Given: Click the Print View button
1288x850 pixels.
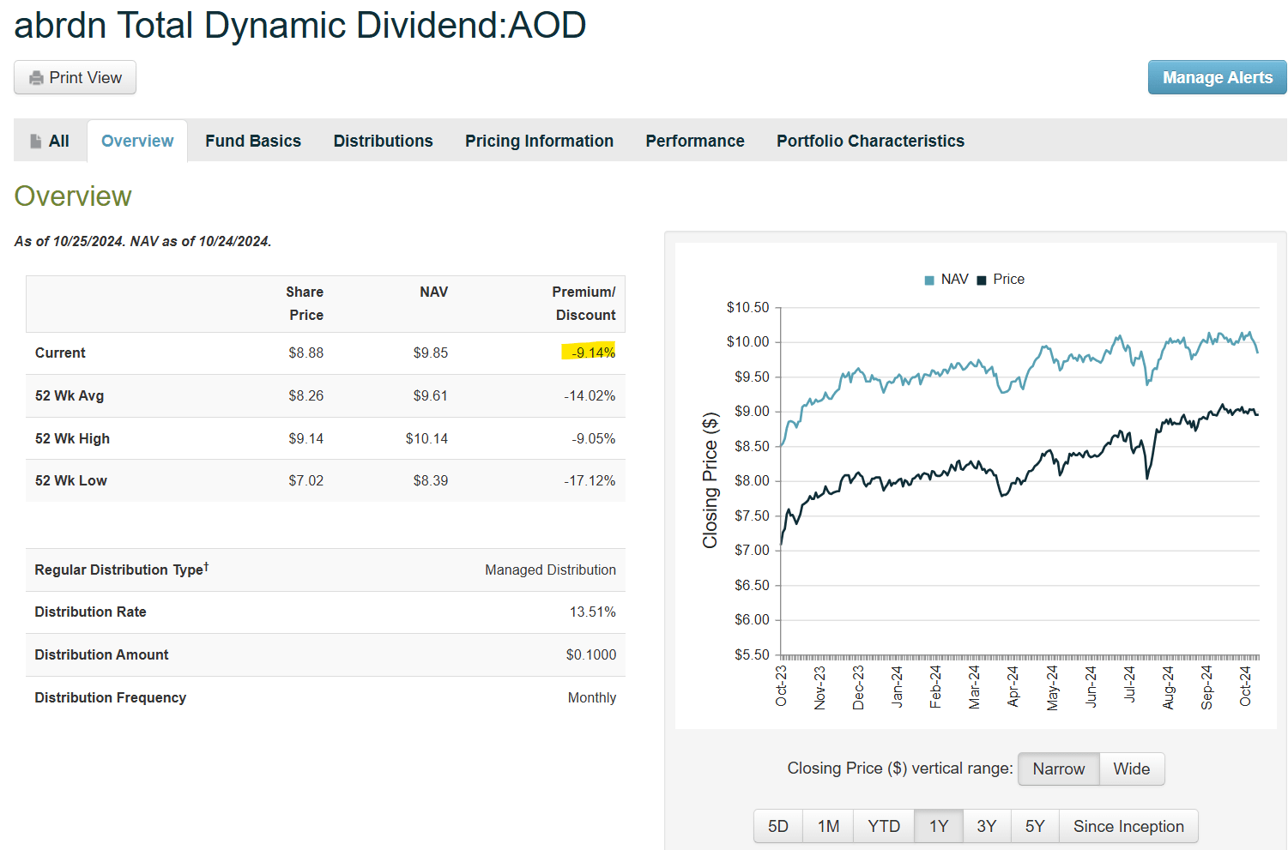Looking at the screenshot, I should (75, 78).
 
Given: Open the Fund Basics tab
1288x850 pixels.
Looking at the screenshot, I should (253, 142).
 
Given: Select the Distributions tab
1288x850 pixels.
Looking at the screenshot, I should (383, 142).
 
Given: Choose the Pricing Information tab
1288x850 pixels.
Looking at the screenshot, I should (539, 142).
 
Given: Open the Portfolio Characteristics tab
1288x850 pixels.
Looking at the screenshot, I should (870, 142).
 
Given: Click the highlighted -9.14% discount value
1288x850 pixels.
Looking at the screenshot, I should (593, 353).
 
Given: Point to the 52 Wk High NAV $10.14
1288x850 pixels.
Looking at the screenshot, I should (426, 438).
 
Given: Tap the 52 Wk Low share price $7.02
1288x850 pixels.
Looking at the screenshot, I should (305, 480).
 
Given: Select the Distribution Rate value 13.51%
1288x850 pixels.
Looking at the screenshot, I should (592, 612).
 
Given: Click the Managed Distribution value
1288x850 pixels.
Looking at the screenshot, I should (550, 570).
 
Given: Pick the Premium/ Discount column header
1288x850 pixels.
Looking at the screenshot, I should (584, 304).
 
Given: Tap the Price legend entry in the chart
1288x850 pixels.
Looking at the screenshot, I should (1001, 280).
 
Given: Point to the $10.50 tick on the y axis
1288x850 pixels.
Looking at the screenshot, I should (747, 307).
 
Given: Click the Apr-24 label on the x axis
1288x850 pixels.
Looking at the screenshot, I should (1013, 686).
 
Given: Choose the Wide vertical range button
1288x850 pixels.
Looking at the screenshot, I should (1131, 769).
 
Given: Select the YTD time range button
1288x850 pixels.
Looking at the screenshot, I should (883, 827).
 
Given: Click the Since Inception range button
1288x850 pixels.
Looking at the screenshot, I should (1128, 827).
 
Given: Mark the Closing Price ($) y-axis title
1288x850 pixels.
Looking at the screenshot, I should (710, 480).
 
